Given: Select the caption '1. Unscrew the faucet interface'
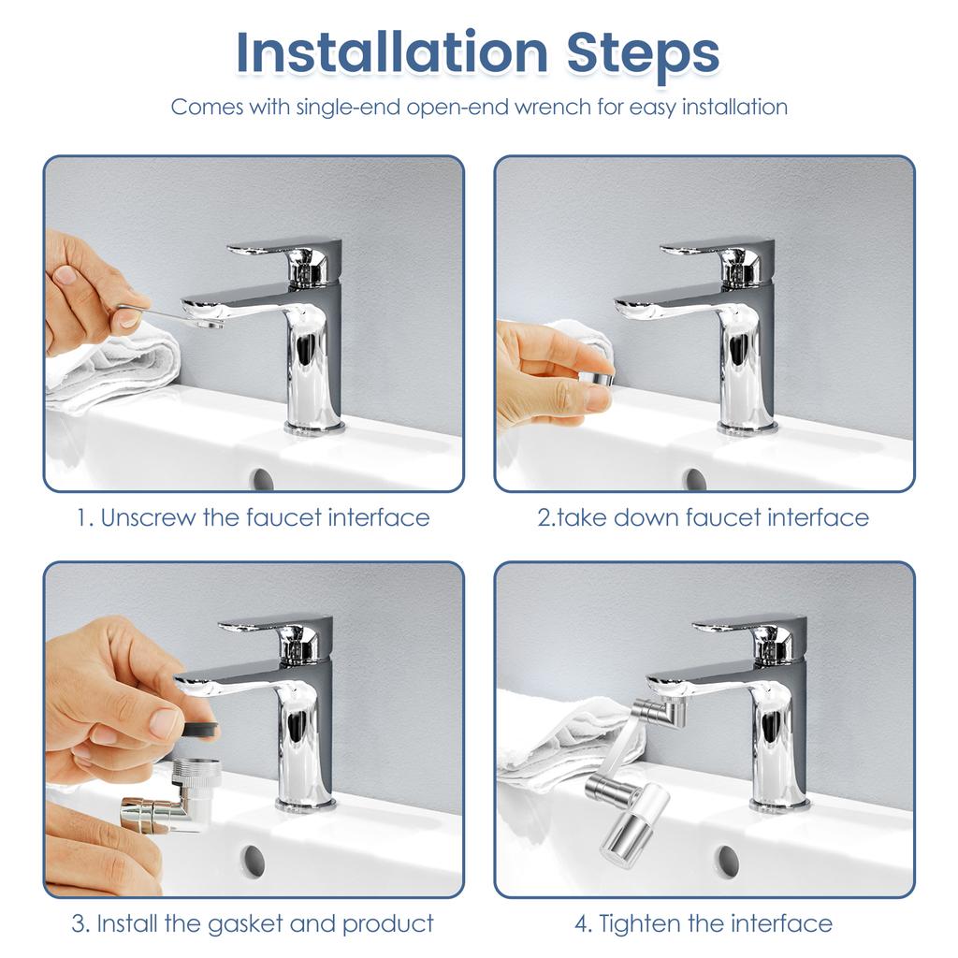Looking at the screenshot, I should click(x=254, y=517).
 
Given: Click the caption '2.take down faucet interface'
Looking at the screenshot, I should click(x=703, y=517).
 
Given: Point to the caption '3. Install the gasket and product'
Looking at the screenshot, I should click(x=254, y=924).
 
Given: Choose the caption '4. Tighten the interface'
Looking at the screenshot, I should click(x=703, y=924).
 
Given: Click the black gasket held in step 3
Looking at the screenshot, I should click(x=198, y=726).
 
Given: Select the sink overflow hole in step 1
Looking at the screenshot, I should click(x=262, y=478).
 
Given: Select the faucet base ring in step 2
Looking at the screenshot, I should click(x=747, y=428).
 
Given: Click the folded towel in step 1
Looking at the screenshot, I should click(x=122, y=370).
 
